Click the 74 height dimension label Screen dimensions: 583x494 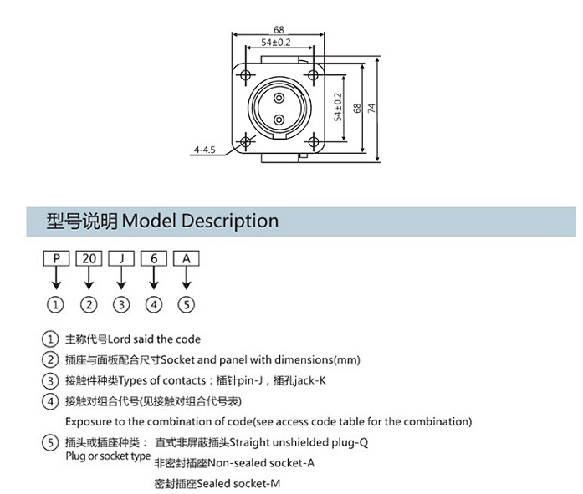click(371, 108)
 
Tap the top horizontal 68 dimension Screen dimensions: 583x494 click(279, 29)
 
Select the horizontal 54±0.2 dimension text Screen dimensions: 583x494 click(276, 43)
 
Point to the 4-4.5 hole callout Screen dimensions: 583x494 click(204, 150)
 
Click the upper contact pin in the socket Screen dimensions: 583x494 click(279, 98)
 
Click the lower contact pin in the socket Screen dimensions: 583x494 click(279, 120)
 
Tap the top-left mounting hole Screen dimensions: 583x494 click(245, 75)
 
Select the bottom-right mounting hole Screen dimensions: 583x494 click(314, 141)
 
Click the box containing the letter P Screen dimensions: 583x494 click(57, 258)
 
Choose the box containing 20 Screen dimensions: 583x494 click(89, 258)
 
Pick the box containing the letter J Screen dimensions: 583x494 click(121, 258)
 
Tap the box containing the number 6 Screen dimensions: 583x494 click(154, 258)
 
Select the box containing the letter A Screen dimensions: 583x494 click(187, 258)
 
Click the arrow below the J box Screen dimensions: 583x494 click(121, 278)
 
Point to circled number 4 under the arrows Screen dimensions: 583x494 click(154, 305)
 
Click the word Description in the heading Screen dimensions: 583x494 click(230, 221)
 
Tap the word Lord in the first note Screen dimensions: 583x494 click(119, 339)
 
